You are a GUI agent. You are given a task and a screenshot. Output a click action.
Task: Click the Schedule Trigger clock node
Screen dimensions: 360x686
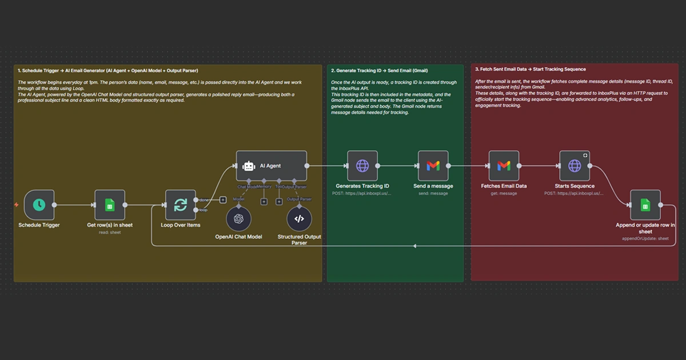(x=39, y=205)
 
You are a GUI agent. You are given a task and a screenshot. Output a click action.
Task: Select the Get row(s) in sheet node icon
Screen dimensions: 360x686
(x=110, y=205)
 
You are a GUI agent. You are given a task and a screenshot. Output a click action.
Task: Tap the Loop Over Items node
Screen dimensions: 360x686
(x=180, y=205)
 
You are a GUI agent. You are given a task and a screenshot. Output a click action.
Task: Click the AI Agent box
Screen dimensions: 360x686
(x=272, y=166)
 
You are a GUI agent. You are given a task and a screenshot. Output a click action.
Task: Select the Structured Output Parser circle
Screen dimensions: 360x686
(x=299, y=219)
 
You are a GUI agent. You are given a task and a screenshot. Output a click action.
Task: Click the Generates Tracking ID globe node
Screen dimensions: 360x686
(x=362, y=166)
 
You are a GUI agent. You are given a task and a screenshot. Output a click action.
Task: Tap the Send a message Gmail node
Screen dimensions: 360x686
(x=433, y=166)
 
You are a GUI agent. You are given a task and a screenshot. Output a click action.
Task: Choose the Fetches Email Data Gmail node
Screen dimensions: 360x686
(x=504, y=166)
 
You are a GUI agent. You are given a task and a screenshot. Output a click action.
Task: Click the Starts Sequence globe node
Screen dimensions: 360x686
(x=575, y=166)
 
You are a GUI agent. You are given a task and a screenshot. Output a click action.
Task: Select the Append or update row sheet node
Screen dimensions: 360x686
(x=645, y=205)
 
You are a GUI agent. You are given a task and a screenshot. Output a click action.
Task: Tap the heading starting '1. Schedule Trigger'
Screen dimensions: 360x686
(x=108, y=70)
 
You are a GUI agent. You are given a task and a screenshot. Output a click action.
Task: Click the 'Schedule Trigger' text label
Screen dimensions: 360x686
(x=39, y=225)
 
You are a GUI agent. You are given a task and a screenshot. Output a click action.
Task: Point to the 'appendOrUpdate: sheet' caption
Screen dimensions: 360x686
(x=645, y=238)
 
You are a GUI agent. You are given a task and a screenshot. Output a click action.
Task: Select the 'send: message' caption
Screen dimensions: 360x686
(x=433, y=193)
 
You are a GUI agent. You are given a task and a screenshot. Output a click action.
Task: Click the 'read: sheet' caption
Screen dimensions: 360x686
(x=110, y=232)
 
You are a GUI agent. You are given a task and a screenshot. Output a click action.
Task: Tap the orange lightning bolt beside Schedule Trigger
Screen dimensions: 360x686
(x=17, y=205)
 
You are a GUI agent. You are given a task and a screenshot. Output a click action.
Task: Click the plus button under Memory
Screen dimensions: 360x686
(x=264, y=201)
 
